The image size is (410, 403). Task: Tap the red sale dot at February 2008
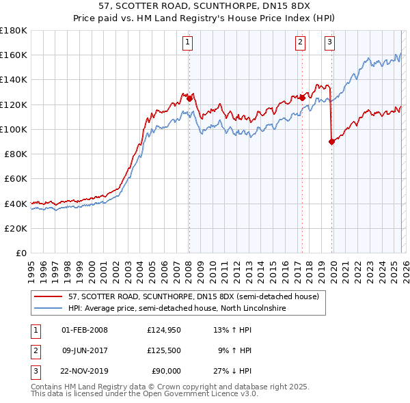point(189,98)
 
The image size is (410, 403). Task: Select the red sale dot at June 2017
point(302,98)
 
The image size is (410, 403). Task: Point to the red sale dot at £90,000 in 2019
point(331,141)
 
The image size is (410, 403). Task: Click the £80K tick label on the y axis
point(14,154)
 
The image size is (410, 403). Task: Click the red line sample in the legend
point(49,297)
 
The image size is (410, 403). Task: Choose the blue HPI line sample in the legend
point(49,309)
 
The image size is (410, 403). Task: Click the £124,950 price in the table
point(164,329)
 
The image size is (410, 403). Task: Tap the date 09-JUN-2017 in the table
point(85,350)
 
